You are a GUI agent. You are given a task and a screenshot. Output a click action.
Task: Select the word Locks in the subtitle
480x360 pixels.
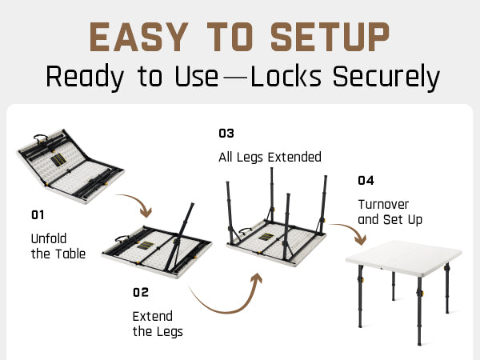[x=285, y=77]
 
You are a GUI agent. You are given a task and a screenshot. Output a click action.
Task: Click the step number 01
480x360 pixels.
[x=38, y=214]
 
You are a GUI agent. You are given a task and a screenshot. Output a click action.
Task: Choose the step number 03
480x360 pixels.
[x=226, y=133]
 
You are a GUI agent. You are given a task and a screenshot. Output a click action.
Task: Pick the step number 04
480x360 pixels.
[x=366, y=180]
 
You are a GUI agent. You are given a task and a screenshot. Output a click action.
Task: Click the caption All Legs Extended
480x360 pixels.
[x=270, y=157]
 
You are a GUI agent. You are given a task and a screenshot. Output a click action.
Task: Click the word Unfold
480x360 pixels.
[x=49, y=238]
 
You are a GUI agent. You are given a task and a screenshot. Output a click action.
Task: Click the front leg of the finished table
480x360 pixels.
[x=419, y=320]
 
